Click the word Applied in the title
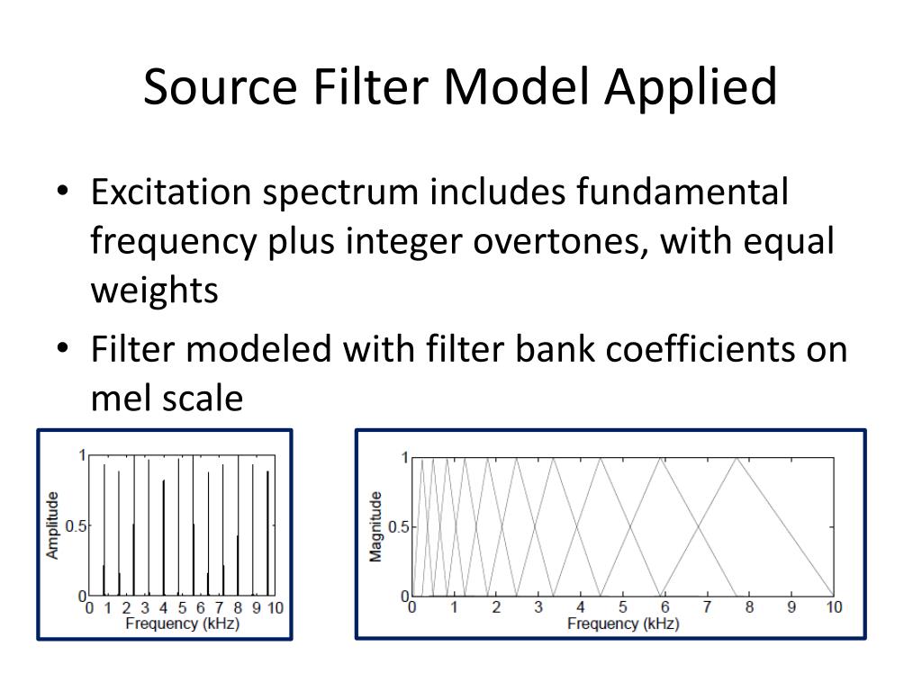coord(691,88)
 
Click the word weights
coord(154,291)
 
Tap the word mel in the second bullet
coord(118,398)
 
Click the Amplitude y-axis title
coord(53,525)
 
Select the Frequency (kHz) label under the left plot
coord(182,623)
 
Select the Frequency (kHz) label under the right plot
coord(623,623)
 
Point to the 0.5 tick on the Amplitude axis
coord(77,525)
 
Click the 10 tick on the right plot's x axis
coord(834,607)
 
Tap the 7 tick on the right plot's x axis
coord(707,607)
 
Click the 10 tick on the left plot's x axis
coord(275,608)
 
